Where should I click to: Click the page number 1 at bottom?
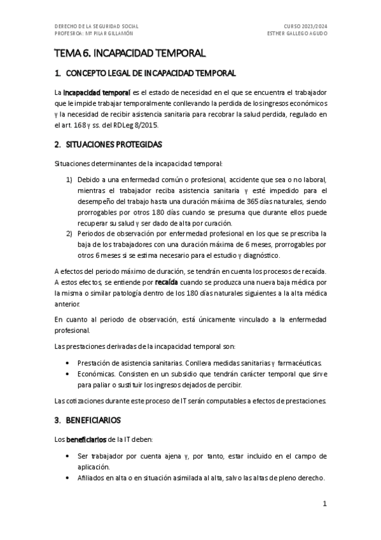pos(324,504)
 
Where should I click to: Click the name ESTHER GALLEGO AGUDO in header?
pos(297,33)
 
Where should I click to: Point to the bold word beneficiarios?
pos(87,439)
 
